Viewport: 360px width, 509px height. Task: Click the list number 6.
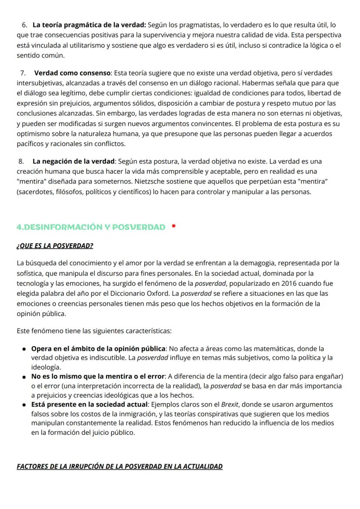click(24, 25)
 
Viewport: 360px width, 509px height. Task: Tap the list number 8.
click(23, 161)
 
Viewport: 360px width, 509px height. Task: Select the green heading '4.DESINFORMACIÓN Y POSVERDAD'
click(91, 227)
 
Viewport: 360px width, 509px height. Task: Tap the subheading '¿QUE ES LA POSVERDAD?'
click(55, 246)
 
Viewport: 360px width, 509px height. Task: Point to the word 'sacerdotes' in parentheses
click(33, 191)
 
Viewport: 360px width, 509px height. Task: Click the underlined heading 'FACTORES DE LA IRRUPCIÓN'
click(120, 466)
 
